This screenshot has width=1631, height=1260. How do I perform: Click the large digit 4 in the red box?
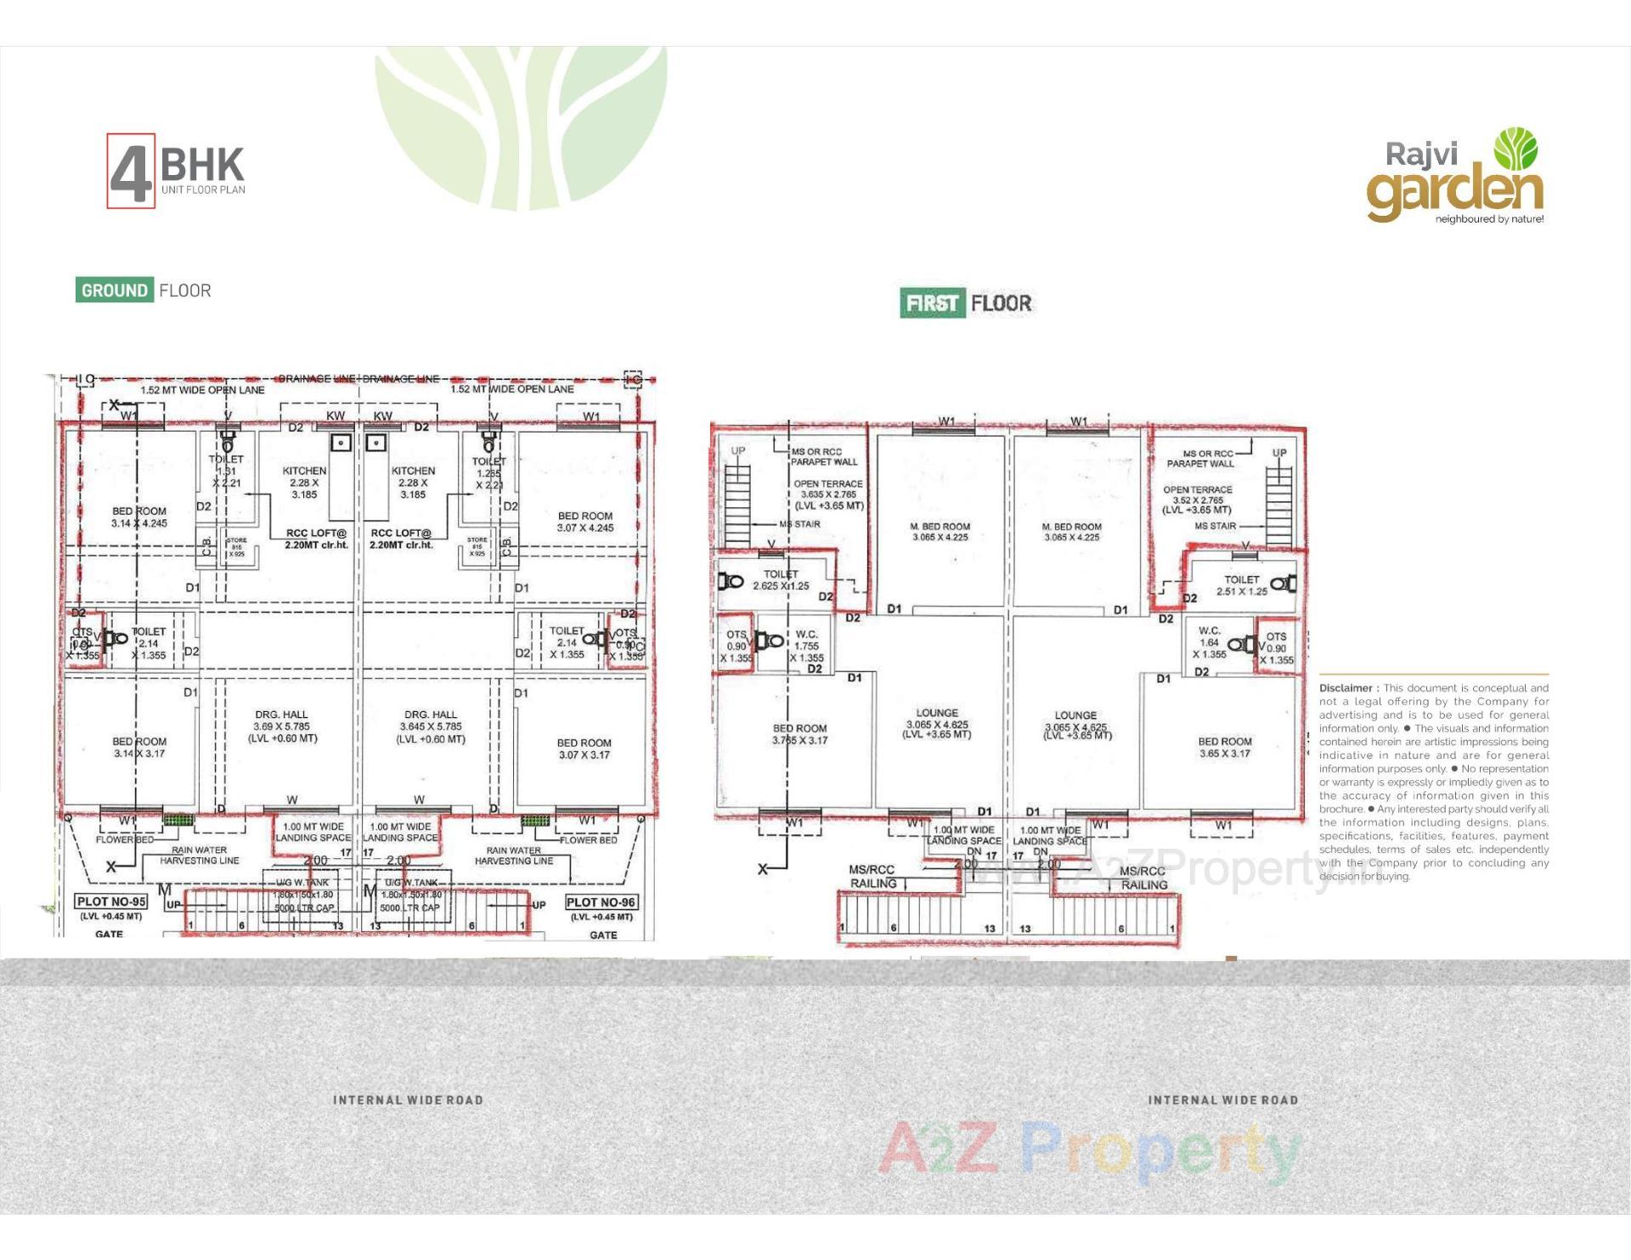131,172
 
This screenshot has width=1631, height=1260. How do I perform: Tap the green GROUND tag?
114,291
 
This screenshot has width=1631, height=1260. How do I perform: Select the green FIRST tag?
932,303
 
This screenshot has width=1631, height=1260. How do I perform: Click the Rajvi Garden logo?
1455,177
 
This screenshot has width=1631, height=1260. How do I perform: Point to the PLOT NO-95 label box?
111,901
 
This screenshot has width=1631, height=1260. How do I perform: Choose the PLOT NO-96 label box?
601,902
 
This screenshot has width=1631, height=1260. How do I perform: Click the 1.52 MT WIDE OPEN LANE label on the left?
202,390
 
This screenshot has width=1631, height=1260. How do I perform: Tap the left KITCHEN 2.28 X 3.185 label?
304,483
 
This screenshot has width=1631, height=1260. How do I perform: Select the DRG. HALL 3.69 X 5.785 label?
282,726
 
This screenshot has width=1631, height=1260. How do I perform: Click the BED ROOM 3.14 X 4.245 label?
139,517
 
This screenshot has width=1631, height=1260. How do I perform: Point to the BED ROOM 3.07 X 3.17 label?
584,749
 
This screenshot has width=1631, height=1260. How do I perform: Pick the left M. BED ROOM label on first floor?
940,532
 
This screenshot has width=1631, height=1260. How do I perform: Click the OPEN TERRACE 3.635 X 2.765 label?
828,494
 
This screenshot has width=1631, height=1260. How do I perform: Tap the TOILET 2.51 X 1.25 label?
1241,585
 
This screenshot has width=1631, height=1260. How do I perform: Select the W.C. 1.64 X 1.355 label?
1209,642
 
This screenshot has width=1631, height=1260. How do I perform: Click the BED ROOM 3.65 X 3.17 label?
1225,747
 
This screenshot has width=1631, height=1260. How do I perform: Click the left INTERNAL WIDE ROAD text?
408,1100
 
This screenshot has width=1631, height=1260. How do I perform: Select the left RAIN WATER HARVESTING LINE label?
200,855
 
